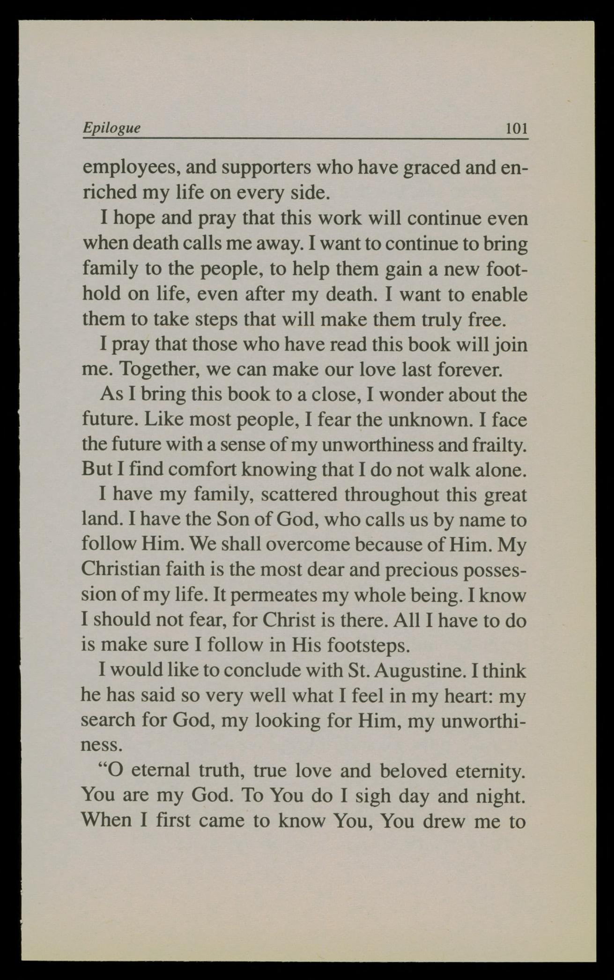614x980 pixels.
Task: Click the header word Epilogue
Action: (111, 128)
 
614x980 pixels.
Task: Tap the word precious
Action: (424, 569)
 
